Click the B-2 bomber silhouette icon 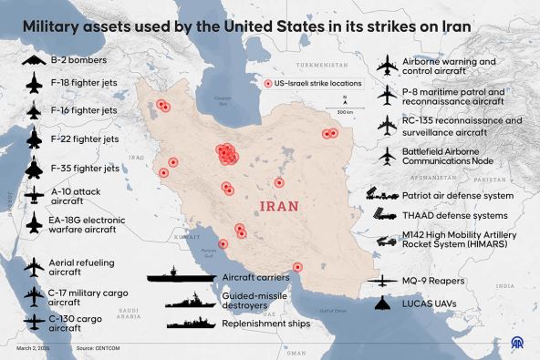[33, 60]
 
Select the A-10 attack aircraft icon [33, 195]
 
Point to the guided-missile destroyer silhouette [190, 298]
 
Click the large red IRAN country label [280, 206]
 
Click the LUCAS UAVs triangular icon [381, 303]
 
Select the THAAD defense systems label [454, 215]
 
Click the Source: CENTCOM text [99, 348]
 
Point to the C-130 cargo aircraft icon [33, 322]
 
